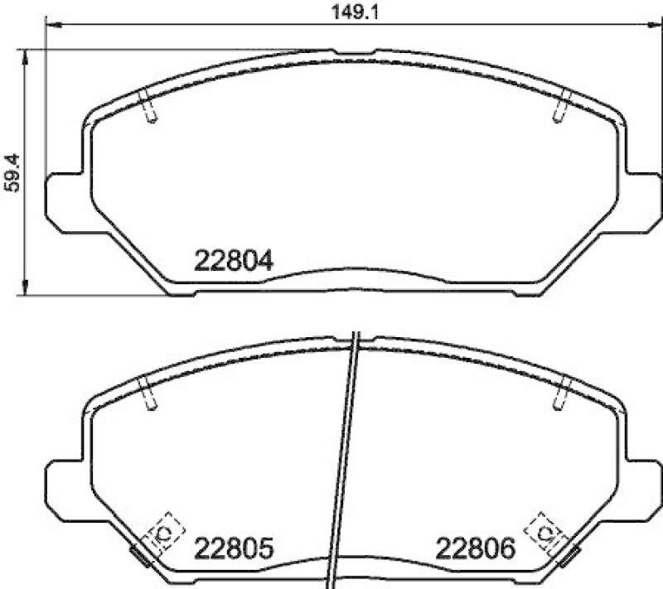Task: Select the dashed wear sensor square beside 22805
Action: click(163, 532)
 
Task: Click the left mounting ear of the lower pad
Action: click(63, 485)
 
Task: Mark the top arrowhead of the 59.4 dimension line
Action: click(27, 54)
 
